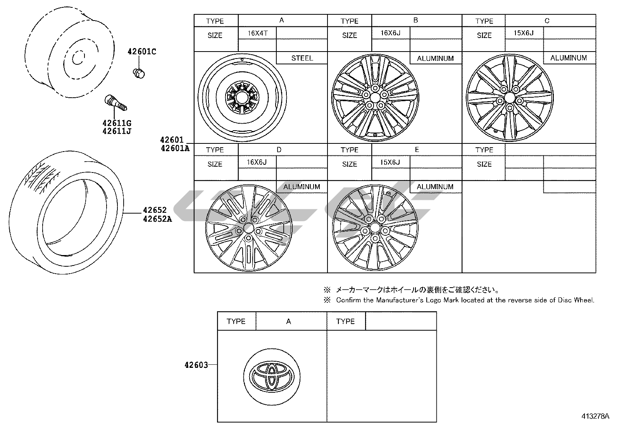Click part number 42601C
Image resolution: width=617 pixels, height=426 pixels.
pyautogui.click(x=143, y=52)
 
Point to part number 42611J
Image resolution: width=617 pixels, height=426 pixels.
pyautogui.click(x=117, y=131)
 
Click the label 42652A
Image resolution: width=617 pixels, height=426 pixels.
pyautogui.click(x=157, y=219)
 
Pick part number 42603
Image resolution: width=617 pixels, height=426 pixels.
pyautogui.click(x=196, y=365)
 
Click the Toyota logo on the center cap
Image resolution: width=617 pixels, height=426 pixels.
pyautogui.click(x=272, y=376)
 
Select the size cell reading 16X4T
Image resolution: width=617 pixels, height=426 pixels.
pyautogui.click(x=258, y=33)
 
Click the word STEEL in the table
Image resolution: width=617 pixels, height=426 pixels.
pyautogui.click(x=302, y=58)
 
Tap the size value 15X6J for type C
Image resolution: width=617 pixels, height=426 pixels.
pyautogui.click(x=524, y=33)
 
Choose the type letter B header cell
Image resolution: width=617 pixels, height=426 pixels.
pyautogui.click(x=416, y=20)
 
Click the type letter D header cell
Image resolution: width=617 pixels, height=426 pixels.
pyautogui.click(x=279, y=150)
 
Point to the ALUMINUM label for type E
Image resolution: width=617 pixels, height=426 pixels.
pyautogui.click(x=435, y=187)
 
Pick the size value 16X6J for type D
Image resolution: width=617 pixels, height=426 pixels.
pyautogui.click(x=257, y=162)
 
